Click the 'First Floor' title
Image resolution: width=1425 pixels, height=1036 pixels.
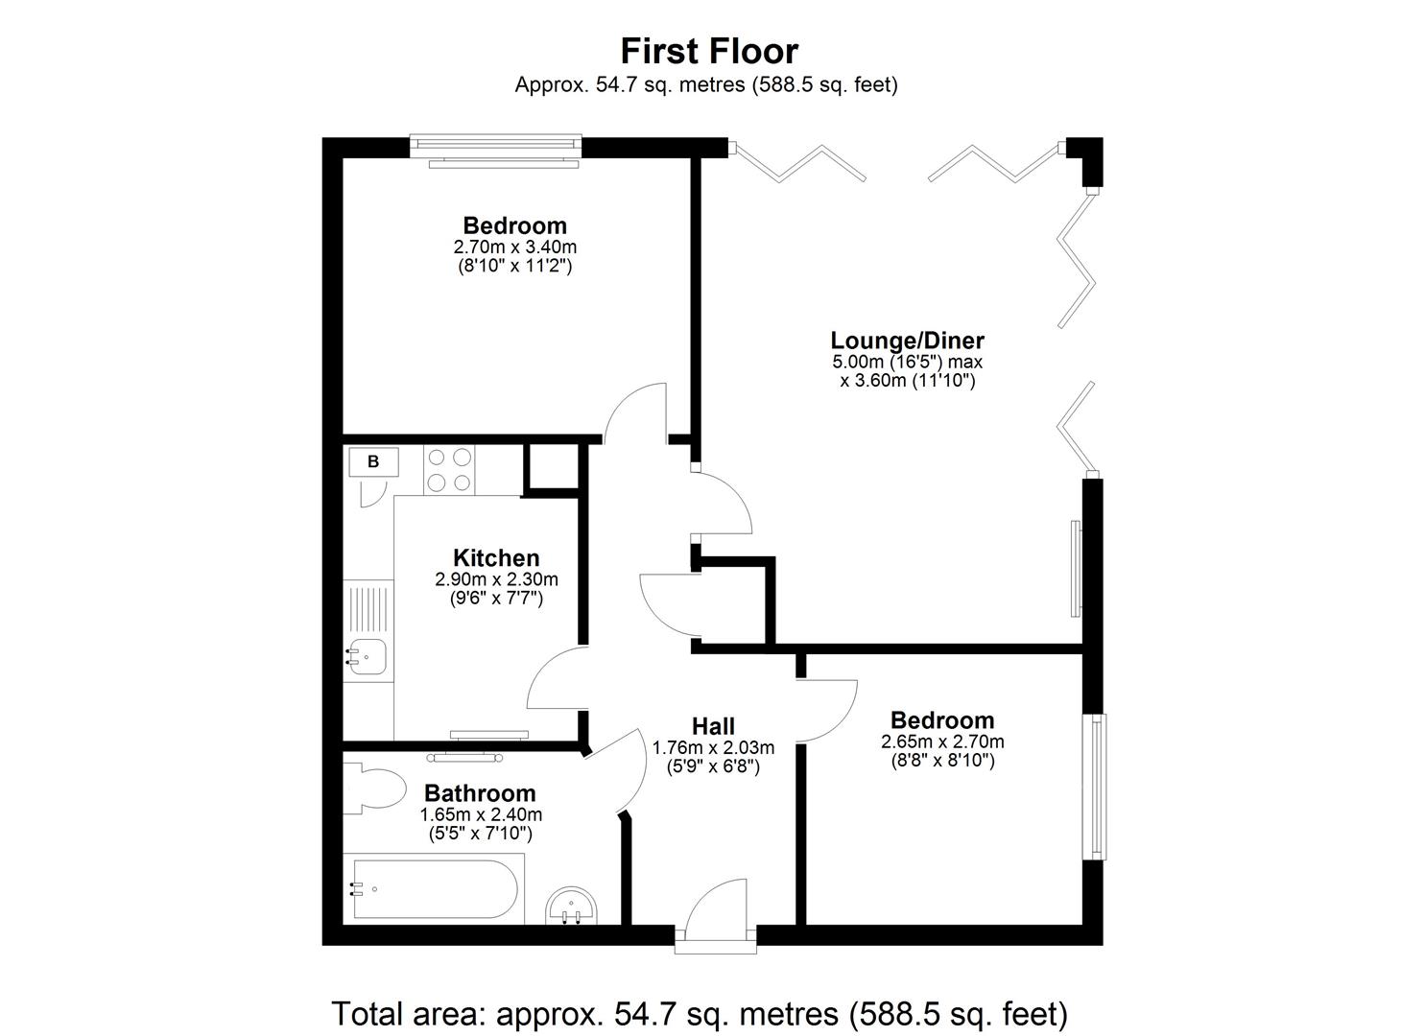point(708,50)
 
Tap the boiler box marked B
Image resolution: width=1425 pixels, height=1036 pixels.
point(373,461)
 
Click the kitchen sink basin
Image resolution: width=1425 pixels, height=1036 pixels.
point(367,657)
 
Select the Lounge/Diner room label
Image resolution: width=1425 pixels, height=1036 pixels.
point(907,340)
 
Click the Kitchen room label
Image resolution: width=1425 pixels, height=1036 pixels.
point(496,557)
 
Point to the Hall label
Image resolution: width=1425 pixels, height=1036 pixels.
point(713,726)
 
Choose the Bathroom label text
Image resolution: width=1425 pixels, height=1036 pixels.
point(480,793)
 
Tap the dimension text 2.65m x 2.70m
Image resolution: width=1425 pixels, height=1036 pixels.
point(942,742)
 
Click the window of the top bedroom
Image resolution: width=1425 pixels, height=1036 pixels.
point(496,147)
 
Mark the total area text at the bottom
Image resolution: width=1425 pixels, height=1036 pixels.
point(700,1013)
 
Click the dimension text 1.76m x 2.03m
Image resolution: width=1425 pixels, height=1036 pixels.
point(713,747)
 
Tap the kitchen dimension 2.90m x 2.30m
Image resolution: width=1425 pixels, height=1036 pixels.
point(496,579)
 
